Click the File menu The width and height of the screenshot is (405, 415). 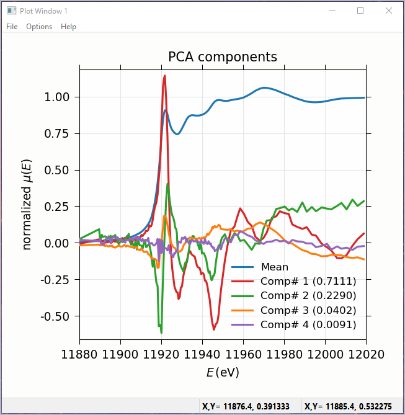click(12, 27)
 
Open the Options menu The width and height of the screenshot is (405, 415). click(39, 27)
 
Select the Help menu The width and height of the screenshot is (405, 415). click(68, 27)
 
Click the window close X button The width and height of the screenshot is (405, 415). click(388, 11)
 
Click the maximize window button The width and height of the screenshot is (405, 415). click(360, 11)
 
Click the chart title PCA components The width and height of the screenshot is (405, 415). click(223, 57)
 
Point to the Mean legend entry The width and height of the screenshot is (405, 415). click(274, 267)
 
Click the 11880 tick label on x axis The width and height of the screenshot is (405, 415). click(79, 355)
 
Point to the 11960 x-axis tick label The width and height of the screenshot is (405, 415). click(243, 355)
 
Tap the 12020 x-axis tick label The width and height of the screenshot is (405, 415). click(366, 355)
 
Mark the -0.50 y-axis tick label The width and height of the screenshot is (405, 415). click(57, 316)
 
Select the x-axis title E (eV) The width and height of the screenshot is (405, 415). click(223, 372)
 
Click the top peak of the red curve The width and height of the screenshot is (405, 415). click(164, 76)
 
